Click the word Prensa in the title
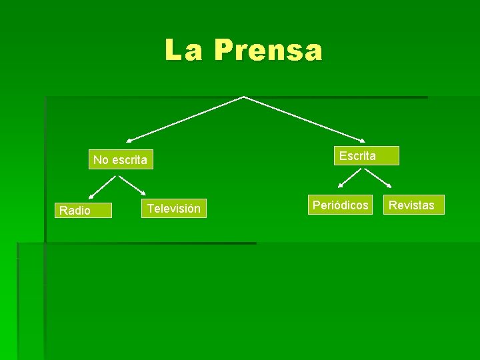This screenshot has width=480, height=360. coord(268,50)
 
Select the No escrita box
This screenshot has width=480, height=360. coord(121,160)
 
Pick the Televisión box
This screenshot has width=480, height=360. coord(174,209)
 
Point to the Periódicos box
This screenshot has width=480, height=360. coord(341,205)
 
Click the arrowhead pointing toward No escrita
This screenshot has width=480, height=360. coord(129,140)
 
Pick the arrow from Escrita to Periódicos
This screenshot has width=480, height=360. coord(350,178)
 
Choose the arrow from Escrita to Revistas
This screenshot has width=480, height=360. coord(377,177)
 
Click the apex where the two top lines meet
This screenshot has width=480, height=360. coord(244,97)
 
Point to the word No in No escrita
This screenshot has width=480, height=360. coord(101,160)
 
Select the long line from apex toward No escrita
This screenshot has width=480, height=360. coord(187,119)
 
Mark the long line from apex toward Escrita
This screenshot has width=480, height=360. coord(303,119)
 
